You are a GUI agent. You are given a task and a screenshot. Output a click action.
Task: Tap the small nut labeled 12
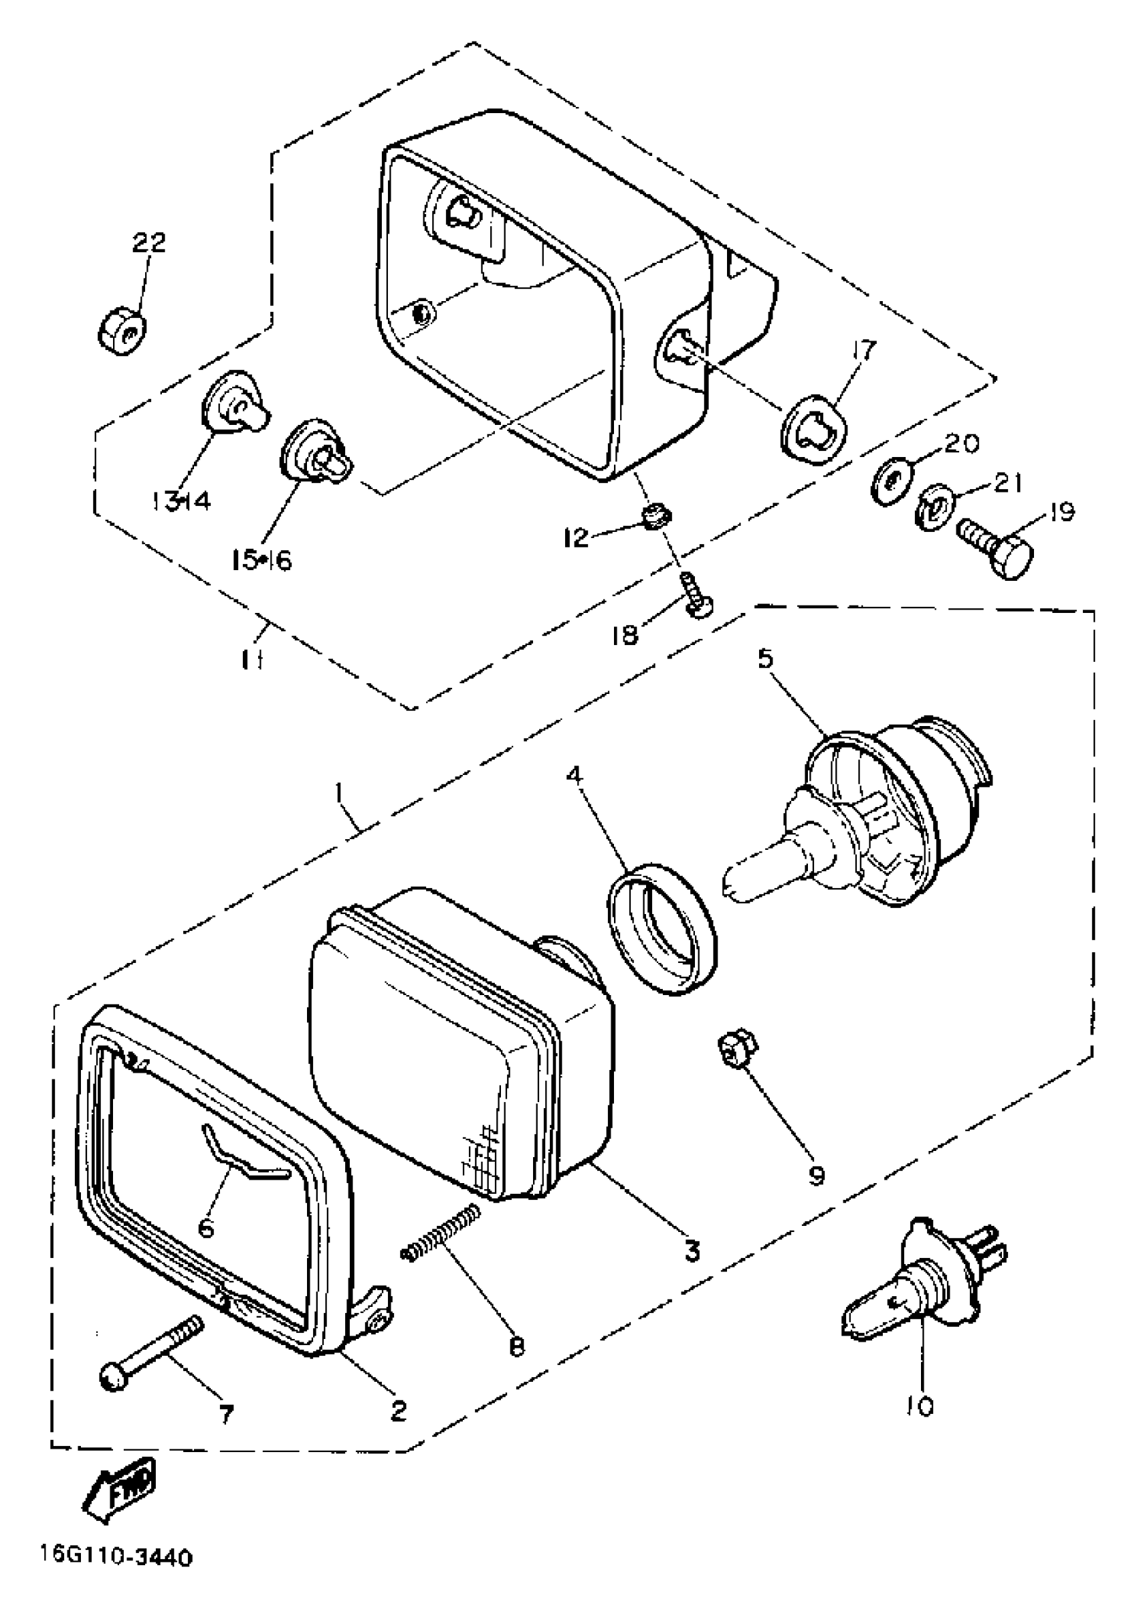(x=655, y=517)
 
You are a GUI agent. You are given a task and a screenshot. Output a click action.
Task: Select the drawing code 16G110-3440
(x=115, y=1558)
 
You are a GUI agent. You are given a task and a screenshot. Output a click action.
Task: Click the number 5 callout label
(x=764, y=659)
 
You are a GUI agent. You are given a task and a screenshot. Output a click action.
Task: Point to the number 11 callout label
(x=253, y=660)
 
